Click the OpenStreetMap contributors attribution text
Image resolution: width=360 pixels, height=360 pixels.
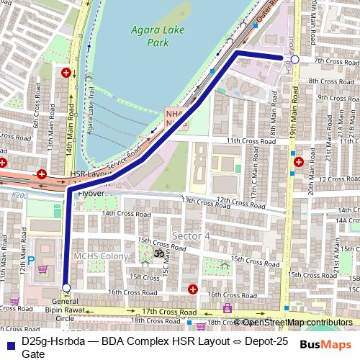click(x=297, y=322)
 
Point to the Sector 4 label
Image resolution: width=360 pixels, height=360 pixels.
click(x=191, y=235)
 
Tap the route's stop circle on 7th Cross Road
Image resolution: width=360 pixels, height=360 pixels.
click(x=295, y=59)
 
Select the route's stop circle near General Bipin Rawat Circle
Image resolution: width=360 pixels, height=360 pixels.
click(x=66, y=288)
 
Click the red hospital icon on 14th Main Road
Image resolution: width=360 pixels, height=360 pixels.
click(x=66, y=73)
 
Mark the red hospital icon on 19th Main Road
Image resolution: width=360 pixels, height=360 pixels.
click(x=298, y=163)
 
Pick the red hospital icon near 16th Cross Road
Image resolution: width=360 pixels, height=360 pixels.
click(x=192, y=289)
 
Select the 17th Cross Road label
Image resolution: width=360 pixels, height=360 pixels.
click(x=169, y=311)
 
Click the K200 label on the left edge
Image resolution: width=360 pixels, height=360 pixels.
click(x=19, y=195)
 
